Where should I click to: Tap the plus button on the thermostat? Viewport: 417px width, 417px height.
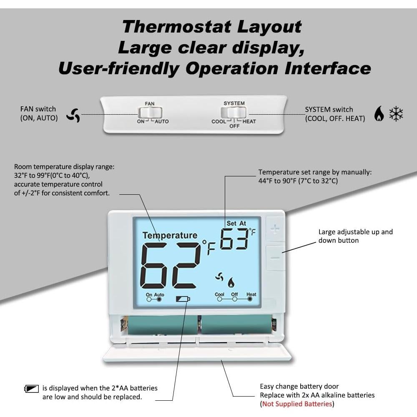[275, 229]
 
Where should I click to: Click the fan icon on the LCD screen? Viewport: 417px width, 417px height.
[219, 277]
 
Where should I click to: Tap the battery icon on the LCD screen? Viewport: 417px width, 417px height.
[183, 299]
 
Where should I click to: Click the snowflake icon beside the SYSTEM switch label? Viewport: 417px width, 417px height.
[396, 113]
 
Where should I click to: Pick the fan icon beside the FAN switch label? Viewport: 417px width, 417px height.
[73, 115]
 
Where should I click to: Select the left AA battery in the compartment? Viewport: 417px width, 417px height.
[163, 325]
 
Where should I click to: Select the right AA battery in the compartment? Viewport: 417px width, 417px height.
[236, 324]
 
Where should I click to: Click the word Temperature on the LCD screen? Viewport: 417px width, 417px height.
[170, 236]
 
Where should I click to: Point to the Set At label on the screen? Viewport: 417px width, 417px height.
[236, 224]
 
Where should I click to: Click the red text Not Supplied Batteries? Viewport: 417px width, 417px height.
[296, 404]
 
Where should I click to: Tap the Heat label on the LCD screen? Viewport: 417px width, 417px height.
[251, 294]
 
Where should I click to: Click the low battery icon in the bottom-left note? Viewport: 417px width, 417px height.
[32, 389]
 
